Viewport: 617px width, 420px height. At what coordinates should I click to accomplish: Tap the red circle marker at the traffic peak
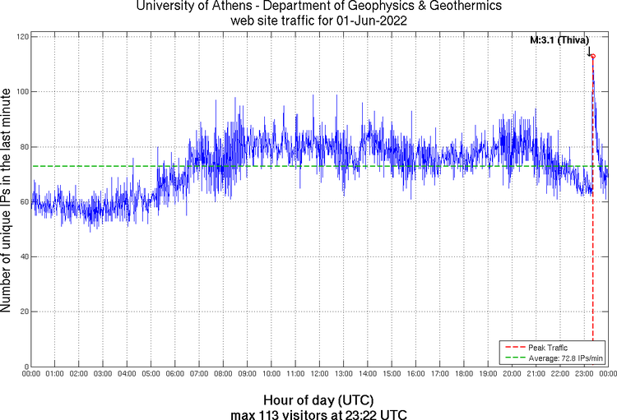(592, 56)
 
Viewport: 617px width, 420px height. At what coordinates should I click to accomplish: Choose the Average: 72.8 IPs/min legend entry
(554, 358)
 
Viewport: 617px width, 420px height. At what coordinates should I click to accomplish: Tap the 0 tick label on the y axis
(26, 367)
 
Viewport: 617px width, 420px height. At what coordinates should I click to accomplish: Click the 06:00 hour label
(175, 375)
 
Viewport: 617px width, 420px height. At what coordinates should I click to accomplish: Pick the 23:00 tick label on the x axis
(584, 375)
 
